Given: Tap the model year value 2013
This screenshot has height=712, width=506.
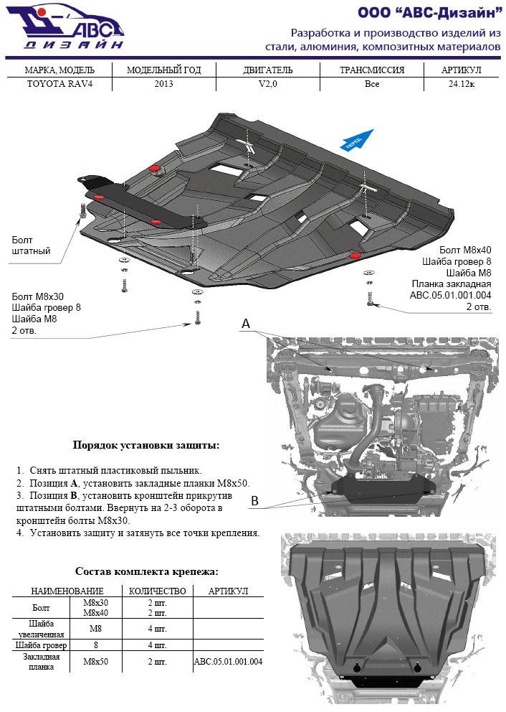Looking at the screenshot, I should point(163,84).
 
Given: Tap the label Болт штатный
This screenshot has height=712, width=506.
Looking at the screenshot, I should point(31,245).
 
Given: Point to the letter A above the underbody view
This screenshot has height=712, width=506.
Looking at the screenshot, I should point(245,324).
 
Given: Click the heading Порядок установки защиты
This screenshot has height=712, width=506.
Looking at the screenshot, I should point(146,445).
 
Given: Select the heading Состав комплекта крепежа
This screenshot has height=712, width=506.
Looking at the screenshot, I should point(146,572).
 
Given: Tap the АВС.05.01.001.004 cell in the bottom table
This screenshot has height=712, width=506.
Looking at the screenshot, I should point(227,661).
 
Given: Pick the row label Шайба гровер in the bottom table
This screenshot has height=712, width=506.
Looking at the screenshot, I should point(41,645).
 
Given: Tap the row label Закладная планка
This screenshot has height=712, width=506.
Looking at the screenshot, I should point(41,661).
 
